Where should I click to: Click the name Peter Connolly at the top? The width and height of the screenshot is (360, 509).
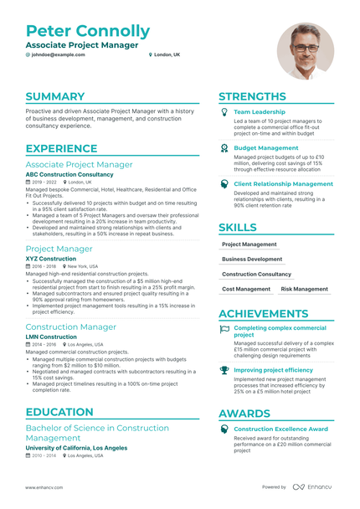[88, 31]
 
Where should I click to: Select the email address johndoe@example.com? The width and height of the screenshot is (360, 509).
[58, 54]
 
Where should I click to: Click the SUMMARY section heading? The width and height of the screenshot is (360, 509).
[54, 96]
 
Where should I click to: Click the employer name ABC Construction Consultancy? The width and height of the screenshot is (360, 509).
[69, 174]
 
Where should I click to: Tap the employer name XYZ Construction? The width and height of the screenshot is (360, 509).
[50, 260]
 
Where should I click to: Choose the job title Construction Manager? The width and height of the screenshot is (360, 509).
[71, 326]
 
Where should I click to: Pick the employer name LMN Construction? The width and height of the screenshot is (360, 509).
[52, 337]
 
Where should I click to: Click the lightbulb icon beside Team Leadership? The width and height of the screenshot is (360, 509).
[224, 111]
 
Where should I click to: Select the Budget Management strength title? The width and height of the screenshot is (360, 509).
[265, 147]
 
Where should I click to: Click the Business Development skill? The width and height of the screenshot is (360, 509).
[252, 260]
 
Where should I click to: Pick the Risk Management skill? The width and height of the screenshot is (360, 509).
[304, 289]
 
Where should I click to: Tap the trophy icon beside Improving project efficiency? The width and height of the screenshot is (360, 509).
[224, 369]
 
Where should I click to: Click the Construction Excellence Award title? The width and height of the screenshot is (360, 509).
[280, 429]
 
